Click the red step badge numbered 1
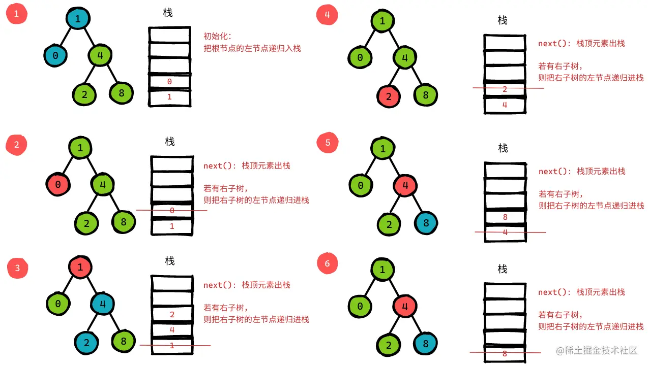(16, 14)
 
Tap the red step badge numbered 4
(327, 15)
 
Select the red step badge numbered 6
(327, 263)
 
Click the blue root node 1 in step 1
(78, 19)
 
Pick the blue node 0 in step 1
(55, 56)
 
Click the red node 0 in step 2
(57, 184)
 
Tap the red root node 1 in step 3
(80, 267)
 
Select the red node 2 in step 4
(389, 96)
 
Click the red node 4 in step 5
(405, 185)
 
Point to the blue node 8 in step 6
(426, 344)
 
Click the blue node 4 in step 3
(102, 305)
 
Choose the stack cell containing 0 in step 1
(169, 81)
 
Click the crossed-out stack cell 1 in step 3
(172, 346)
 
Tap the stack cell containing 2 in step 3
(172, 315)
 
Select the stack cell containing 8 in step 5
(505, 217)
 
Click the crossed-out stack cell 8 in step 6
(505, 353)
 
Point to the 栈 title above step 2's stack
(170, 142)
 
